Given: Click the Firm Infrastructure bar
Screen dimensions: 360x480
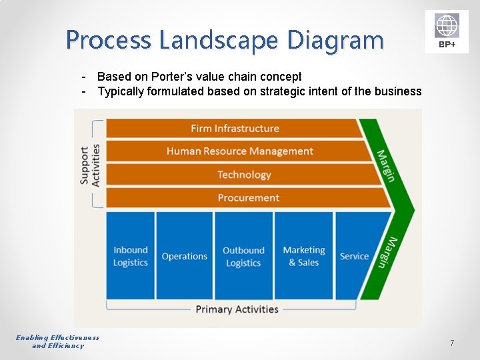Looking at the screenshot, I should pos(235,128).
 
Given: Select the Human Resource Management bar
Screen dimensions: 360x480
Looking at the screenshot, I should pos(239,151).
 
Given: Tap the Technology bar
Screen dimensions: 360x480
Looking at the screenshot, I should pos(244,175).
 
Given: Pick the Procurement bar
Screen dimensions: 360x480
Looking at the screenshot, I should pos(248,198).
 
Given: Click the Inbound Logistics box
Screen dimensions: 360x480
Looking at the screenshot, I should pos(131,256).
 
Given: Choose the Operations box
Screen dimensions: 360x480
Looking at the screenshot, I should pos(185,256).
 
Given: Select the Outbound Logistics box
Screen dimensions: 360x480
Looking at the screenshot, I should pos(243,256).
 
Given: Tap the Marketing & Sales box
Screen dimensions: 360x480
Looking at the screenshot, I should pos(304,256).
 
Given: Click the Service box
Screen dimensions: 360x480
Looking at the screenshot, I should pos(354,256).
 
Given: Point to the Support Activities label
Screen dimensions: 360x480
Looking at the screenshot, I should pos(89,165).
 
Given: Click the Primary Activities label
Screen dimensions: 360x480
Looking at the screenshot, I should pos(237,309).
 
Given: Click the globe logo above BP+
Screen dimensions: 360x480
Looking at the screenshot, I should pos(447,25).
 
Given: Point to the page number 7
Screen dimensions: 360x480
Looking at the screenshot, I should pos(452,343).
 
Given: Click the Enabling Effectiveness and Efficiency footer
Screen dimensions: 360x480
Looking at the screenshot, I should pos(58,341).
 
